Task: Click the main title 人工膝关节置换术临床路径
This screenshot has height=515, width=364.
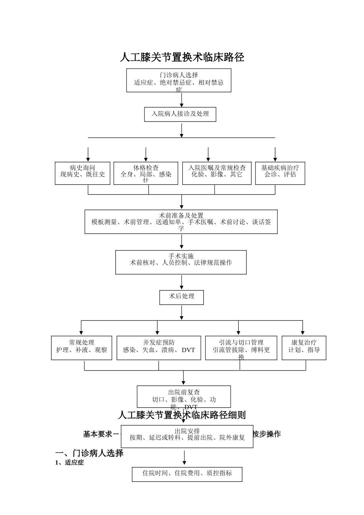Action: click(182, 57)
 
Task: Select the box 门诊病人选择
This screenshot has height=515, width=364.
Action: click(179, 80)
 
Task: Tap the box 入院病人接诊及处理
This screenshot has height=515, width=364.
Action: click(180, 114)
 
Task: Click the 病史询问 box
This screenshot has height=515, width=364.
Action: click(82, 173)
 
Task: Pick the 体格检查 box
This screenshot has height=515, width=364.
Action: click(146, 173)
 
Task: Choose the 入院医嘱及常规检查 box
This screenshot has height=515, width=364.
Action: click(217, 173)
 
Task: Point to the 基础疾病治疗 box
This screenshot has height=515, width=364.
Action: click(280, 173)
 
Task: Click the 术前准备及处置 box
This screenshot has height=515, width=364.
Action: click(181, 221)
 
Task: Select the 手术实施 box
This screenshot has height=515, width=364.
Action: click(181, 262)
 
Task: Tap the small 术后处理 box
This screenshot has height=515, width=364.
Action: click(182, 297)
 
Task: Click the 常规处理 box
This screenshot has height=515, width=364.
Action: click(82, 348)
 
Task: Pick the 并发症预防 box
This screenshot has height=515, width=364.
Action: click(159, 348)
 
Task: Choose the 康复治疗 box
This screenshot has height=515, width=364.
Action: click(304, 348)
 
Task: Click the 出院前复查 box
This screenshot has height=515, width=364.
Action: click(184, 397)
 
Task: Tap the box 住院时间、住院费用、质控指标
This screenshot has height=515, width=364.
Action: click(187, 474)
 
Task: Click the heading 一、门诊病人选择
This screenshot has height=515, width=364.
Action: click(89, 453)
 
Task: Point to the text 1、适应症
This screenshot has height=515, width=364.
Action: click(69, 463)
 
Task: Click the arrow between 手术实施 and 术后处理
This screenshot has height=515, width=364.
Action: click(182, 282)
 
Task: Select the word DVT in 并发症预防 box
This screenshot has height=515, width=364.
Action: click(189, 350)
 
